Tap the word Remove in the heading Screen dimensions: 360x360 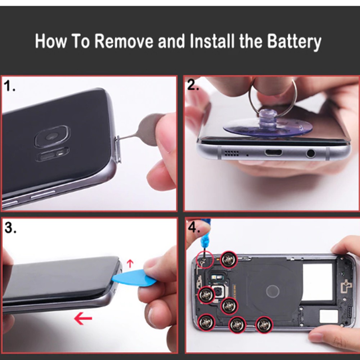(x=124, y=41)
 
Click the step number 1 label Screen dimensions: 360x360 (x=9, y=86)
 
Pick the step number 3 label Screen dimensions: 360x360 (x=10, y=228)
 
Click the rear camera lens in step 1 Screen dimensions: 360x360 (x=52, y=136)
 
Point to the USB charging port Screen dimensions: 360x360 (x=273, y=152)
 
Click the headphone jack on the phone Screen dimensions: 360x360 (x=310, y=153)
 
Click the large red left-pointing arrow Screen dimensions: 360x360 (x=83, y=318)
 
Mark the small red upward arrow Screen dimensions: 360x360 (x=130, y=264)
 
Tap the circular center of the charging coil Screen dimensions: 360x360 (x=273, y=291)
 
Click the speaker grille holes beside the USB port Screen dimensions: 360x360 (x=231, y=153)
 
